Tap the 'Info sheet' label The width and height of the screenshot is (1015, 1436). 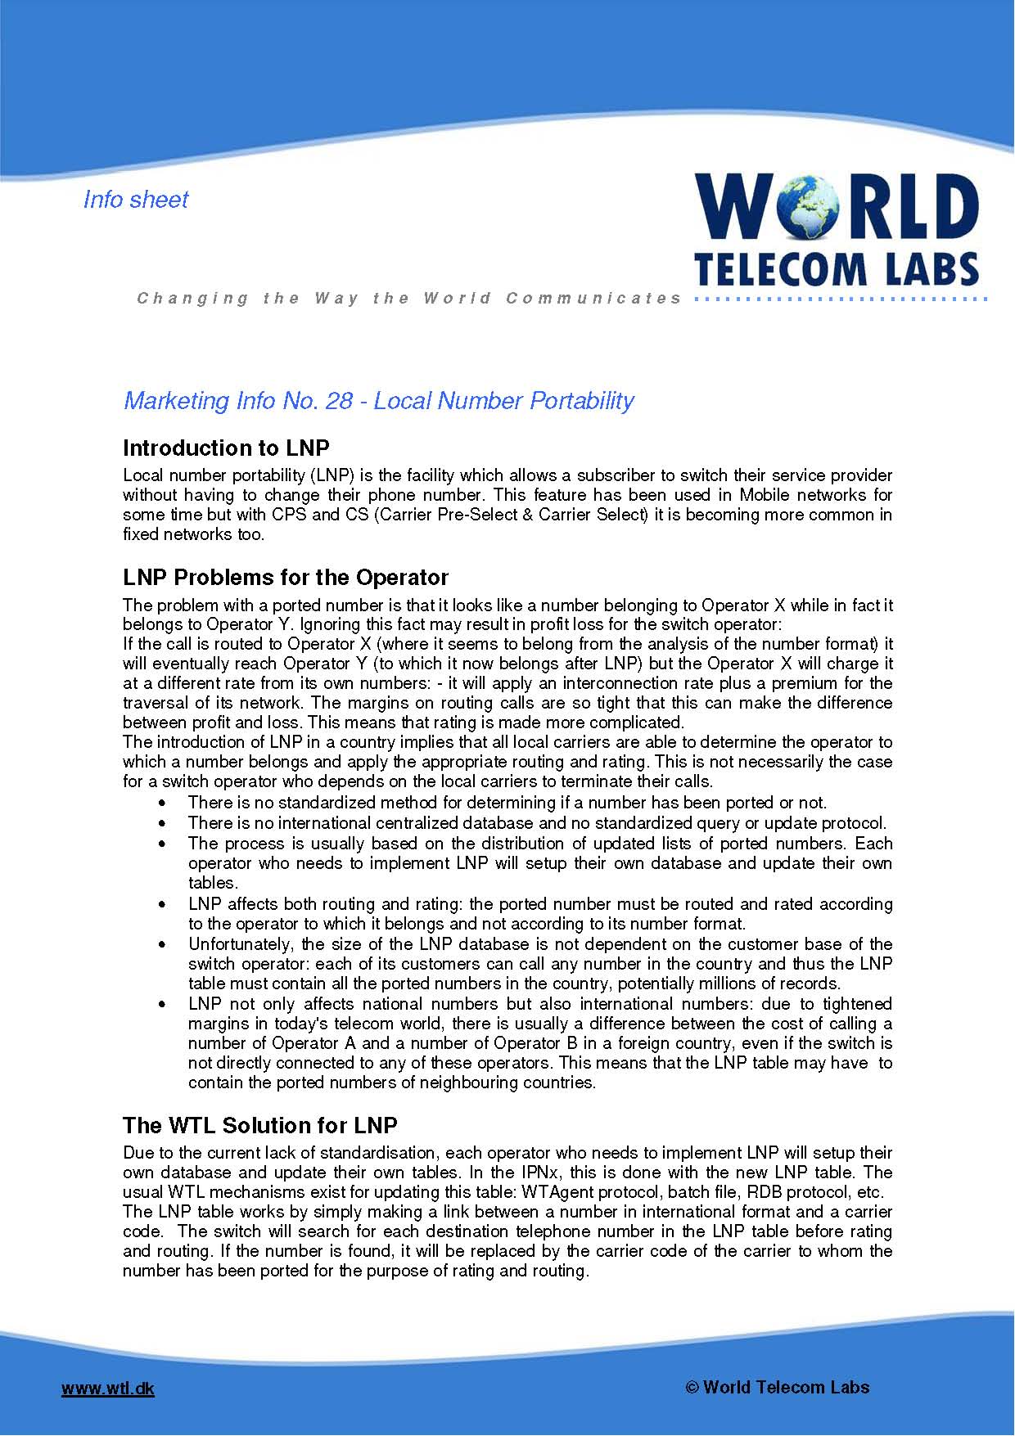tap(136, 200)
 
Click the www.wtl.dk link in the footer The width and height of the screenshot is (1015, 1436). tap(108, 1389)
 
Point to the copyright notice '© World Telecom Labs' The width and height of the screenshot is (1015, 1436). tap(777, 1387)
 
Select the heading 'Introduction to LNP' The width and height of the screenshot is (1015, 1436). tap(226, 448)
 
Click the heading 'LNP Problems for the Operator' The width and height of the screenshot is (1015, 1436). tap(286, 578)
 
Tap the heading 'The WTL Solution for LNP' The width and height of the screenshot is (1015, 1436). tap(260, 1126)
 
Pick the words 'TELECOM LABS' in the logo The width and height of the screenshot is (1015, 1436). tap(837, 268)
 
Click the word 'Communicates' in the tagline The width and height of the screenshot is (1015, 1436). tap(593, 299)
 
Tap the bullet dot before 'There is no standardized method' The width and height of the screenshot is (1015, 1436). tap(167, 804)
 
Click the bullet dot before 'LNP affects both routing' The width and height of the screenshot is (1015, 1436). tap(167, 905)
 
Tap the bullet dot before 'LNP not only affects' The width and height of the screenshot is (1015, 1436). tap(167, 1005)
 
